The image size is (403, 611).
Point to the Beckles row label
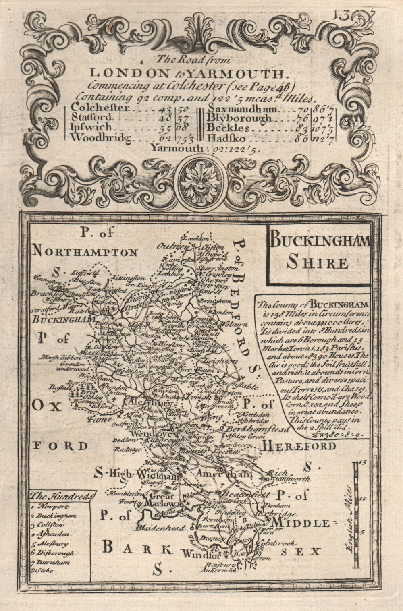pos(227,128)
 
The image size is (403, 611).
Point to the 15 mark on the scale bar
pos(362,463)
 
